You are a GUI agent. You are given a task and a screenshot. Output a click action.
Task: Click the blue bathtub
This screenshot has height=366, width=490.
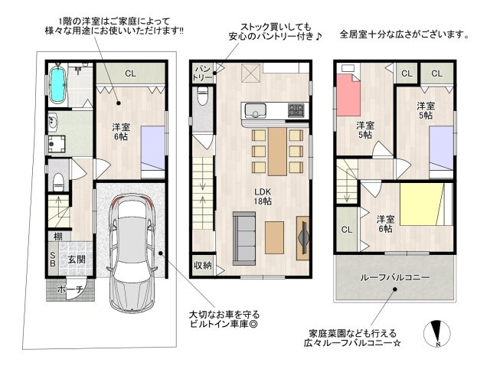58,84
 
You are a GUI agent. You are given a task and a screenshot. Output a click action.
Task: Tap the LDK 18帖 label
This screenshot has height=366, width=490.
263,197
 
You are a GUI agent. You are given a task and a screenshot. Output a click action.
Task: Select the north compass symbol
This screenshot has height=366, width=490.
437,334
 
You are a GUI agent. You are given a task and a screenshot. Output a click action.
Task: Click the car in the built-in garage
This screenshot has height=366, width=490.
132,253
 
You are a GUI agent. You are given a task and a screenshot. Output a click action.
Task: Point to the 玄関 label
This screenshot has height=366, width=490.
77,259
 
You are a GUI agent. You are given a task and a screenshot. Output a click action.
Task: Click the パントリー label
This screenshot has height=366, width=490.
202,73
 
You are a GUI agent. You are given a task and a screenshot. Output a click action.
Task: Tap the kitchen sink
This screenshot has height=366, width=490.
255,111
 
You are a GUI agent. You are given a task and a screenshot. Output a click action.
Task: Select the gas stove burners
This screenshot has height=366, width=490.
296,110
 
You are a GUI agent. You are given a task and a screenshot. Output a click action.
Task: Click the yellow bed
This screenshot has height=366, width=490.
421,204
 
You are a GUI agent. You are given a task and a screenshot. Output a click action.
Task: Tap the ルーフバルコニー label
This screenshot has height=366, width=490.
395,277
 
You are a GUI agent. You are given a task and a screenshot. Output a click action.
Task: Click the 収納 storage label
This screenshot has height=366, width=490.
203,266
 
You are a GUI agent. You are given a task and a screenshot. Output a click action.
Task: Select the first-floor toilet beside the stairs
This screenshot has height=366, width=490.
58,181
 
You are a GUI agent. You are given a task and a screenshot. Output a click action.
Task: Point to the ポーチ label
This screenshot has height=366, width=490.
70,289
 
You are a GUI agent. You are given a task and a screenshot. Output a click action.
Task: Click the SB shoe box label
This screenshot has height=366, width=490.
53,259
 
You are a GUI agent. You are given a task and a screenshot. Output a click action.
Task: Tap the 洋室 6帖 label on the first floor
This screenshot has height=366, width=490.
121,132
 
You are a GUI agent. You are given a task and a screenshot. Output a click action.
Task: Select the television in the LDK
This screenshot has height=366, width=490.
303,238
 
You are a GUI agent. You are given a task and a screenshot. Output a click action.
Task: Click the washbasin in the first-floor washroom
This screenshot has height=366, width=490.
54,123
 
